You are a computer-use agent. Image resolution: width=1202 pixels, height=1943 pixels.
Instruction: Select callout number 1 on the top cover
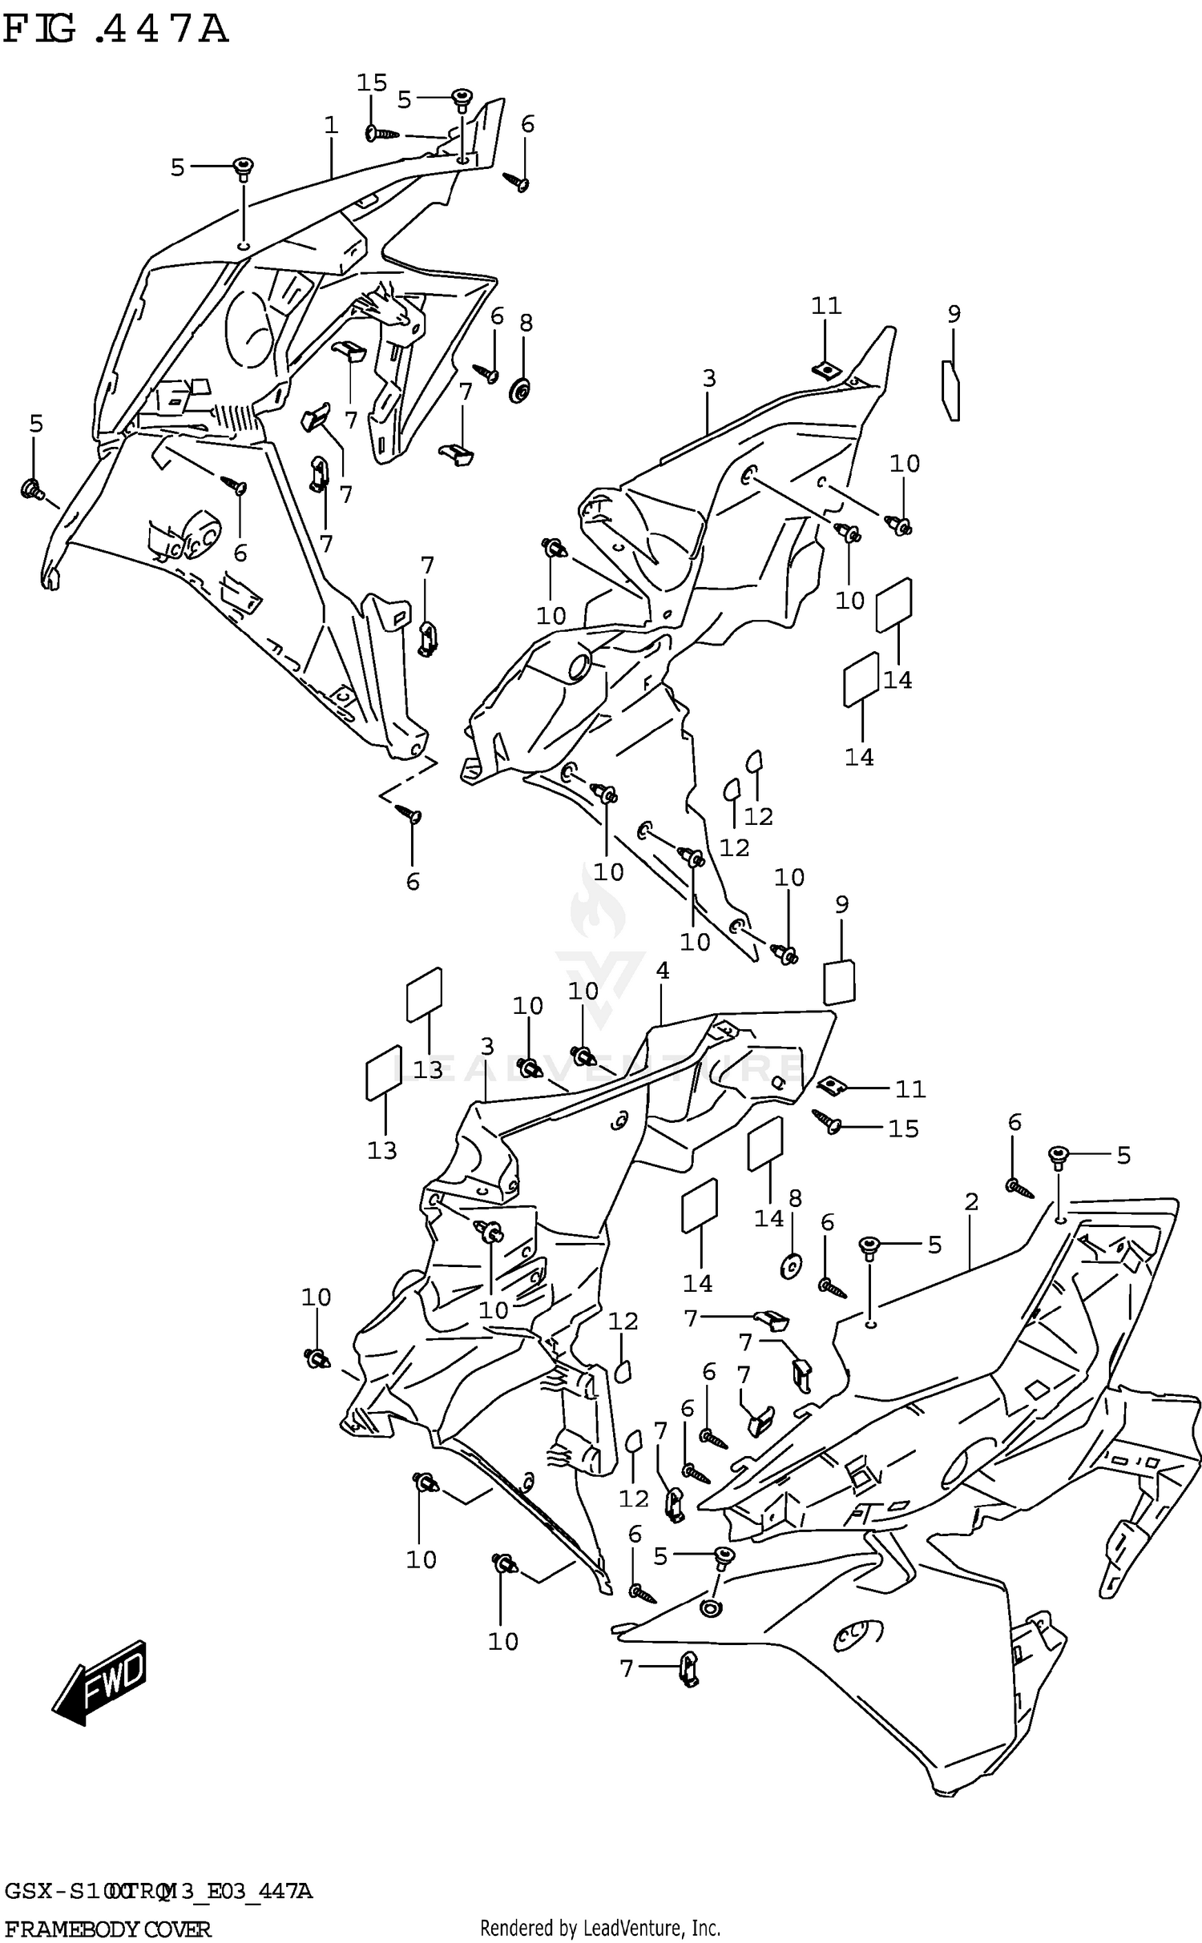[331, 126]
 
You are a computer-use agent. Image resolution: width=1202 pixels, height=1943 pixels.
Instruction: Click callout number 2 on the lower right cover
[971, 1202]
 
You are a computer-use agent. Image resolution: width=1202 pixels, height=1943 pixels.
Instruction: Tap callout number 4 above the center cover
[662, 971]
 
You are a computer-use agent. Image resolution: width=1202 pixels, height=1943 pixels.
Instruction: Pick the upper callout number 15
[372, 82]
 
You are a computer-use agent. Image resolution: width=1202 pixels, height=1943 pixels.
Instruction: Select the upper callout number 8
[525, 323]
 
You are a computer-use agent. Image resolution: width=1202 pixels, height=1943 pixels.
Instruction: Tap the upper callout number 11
[826, 306]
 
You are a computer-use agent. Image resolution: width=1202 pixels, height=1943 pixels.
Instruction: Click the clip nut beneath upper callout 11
[825, 369]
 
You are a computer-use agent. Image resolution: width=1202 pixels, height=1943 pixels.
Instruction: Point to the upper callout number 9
[954, 314]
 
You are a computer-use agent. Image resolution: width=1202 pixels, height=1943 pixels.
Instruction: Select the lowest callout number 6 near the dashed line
[413, 882]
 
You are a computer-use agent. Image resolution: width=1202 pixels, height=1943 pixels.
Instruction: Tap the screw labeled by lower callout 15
[826, 1120]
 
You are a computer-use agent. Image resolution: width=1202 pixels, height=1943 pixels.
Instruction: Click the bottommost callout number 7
[627, 1668]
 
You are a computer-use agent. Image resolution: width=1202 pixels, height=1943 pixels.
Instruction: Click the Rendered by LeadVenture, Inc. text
[600, 1927]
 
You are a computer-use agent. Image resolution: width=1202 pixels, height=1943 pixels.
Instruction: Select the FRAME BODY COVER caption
[107, 1928]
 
